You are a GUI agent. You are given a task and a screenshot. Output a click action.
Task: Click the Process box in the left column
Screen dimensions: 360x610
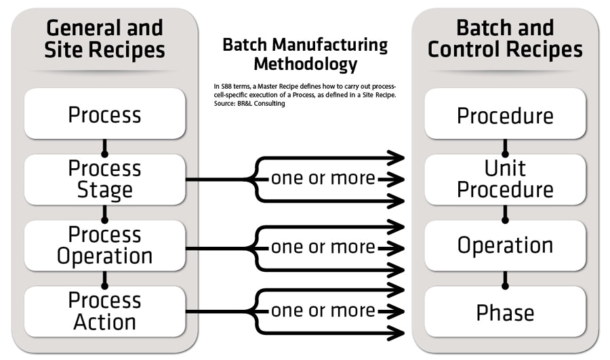(x=104, y=114)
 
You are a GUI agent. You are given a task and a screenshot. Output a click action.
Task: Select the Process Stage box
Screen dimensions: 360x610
(x=104, y=180)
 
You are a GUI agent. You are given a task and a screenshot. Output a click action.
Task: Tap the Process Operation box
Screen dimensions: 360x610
(x=104, y=245)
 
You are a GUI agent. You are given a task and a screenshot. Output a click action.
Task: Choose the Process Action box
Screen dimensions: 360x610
(x=104, y=311)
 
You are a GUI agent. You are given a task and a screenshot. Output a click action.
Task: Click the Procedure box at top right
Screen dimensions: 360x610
(x=505, y=115)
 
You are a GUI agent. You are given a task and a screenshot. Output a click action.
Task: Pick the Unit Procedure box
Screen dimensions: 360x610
(x=505, y=180)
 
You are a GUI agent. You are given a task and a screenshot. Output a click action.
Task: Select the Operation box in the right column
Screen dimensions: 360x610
(x=505, y=245)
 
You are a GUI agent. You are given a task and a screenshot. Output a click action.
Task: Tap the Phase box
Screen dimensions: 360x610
(x=505, y=312)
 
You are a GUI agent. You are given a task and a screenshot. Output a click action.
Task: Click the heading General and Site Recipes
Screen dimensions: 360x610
(x=104, y=39)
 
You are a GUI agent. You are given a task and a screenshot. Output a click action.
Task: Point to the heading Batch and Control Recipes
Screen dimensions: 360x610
(x=505, y=39)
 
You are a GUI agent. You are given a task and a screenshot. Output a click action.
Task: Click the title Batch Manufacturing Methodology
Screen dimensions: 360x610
(x=305, y=55)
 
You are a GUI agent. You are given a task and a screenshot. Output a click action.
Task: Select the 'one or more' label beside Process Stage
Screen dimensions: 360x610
(x=323, y=179)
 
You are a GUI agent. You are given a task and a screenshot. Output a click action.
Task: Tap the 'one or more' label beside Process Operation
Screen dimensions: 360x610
(x=323, y=247)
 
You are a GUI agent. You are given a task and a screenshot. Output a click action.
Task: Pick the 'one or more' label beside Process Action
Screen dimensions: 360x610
(x=323, y=311)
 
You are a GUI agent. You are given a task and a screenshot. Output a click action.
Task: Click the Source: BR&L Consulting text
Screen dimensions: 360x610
(x=248, y=104)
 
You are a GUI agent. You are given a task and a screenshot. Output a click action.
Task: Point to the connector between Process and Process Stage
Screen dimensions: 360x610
(x=104, y=146)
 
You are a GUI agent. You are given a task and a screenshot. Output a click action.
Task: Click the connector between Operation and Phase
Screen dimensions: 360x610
(x=505, y=279)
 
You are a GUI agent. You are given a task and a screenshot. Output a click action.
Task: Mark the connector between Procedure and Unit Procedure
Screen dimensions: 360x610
(x=505, y=146)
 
